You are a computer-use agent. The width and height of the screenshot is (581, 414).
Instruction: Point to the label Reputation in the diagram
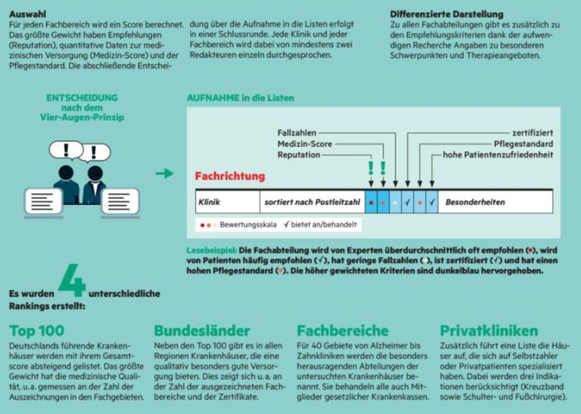pos(299,155)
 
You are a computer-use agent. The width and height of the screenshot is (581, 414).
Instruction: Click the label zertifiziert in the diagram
pos(532,132)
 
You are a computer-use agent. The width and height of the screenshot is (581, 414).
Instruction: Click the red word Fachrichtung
pos(230,176)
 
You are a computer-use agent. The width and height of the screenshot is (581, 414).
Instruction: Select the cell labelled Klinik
pos(209,202)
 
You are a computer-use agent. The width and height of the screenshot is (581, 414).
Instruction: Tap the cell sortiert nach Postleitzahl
pos(311,202)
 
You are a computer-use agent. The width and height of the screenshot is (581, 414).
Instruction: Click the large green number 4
pos(72,282)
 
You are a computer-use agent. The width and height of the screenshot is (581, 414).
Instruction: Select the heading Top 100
pos(37,331)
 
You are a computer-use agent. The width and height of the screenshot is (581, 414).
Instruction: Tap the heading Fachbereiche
pos(343,331)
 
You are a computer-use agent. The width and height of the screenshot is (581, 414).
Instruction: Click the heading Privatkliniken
pos(488,331)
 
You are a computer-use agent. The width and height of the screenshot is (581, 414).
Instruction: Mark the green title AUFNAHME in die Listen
pos(241,97)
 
